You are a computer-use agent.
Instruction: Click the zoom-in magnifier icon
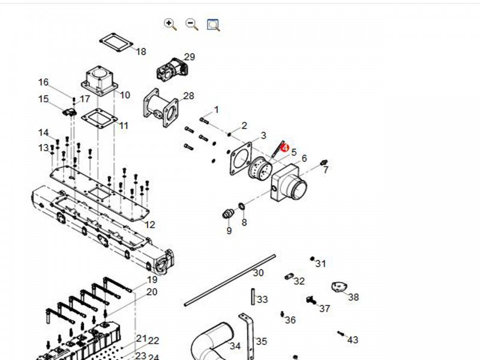pos(170,24)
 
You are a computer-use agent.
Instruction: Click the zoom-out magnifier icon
pos(192,24)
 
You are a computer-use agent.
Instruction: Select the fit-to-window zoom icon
pos(214,25)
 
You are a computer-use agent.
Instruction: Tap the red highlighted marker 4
pos(285,148)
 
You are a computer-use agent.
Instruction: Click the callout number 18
pos(141,52)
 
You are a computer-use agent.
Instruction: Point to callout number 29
pos(190,57)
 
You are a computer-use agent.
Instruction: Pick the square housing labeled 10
pos(99,80)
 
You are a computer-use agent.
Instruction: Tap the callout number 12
pos(150,225)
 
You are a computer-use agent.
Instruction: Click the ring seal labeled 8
pos(241,207)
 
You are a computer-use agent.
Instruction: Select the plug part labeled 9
pos(227,214)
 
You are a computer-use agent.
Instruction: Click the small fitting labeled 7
pos(324,163)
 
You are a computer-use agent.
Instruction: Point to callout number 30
pos(258,273)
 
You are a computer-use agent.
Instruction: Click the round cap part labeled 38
pos(339,288)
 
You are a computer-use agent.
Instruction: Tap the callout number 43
pos(353,340)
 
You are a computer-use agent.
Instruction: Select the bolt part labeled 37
pos(311,299)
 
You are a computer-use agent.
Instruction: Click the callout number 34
pos(235,346)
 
